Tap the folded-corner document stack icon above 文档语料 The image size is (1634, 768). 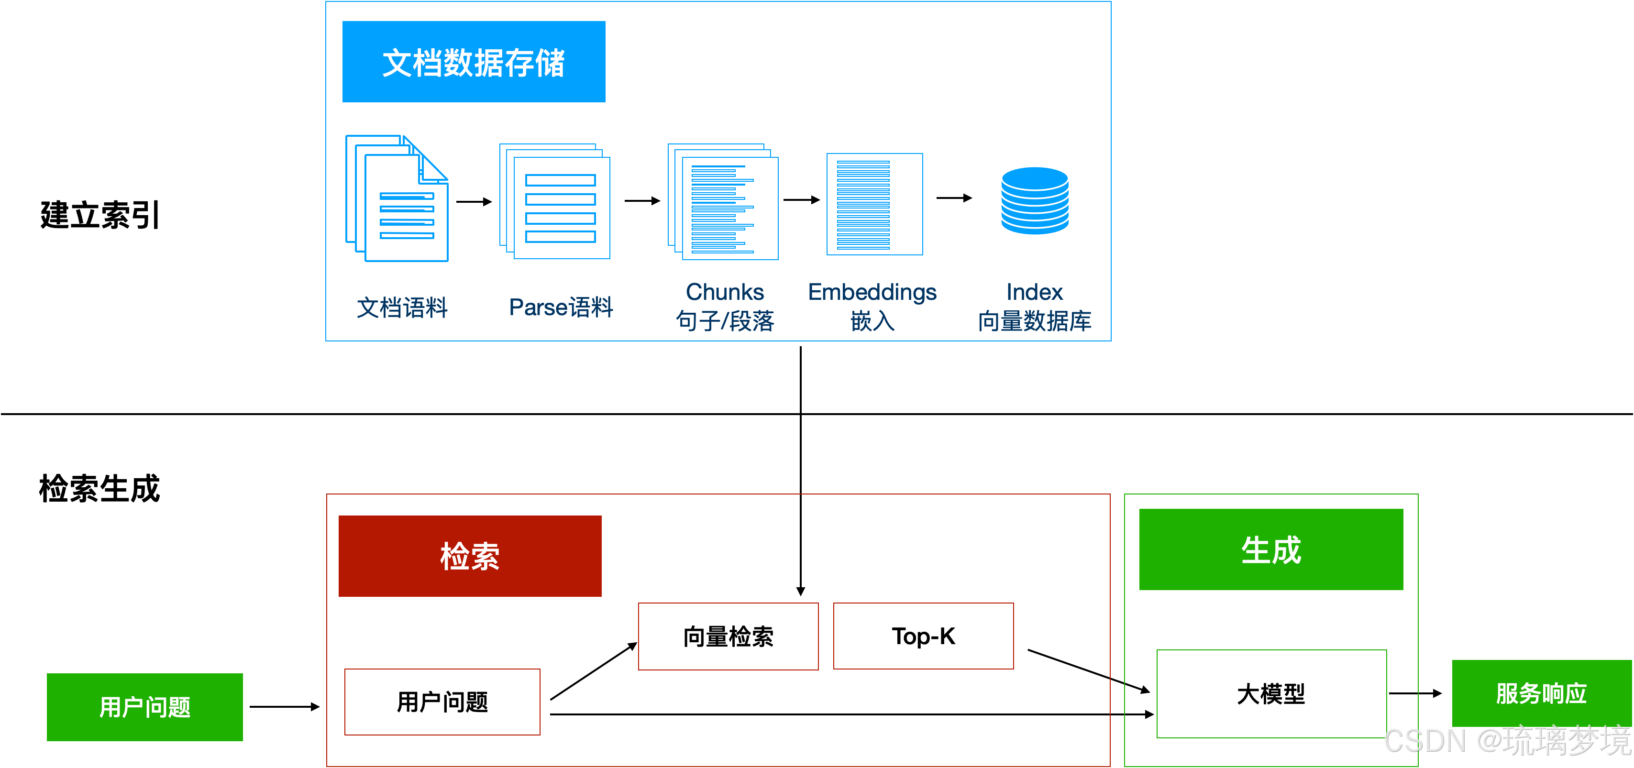pos(397,198)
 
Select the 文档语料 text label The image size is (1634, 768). pos(402,307)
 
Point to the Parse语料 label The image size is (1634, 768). pos(561,307)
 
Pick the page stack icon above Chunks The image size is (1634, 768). pos(723,202)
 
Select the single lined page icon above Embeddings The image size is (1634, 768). pos(874,204)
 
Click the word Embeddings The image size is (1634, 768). pos(872,292)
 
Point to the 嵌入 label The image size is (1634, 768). pos(872,321)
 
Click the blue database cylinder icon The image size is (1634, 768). pos(1035,200)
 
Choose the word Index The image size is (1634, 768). pos(1035,292)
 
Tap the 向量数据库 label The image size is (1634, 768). pos(1035,321)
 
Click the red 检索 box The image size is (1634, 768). pos(470,556)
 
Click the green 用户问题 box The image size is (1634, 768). pos(144,707)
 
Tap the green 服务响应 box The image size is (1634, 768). pos(1541,693)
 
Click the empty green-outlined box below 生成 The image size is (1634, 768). pos(1271,694)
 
